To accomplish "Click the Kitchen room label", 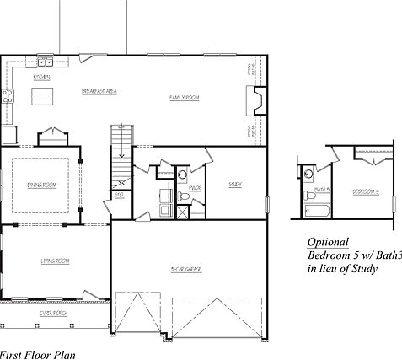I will [x=41, y=78].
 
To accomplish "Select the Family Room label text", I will [x=184, y=98].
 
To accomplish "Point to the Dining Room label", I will [x=42, y=184].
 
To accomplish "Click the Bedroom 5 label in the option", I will [x=365, y=191].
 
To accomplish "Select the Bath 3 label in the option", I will [x=322, y=191].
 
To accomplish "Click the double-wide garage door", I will [x=214, y=316].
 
